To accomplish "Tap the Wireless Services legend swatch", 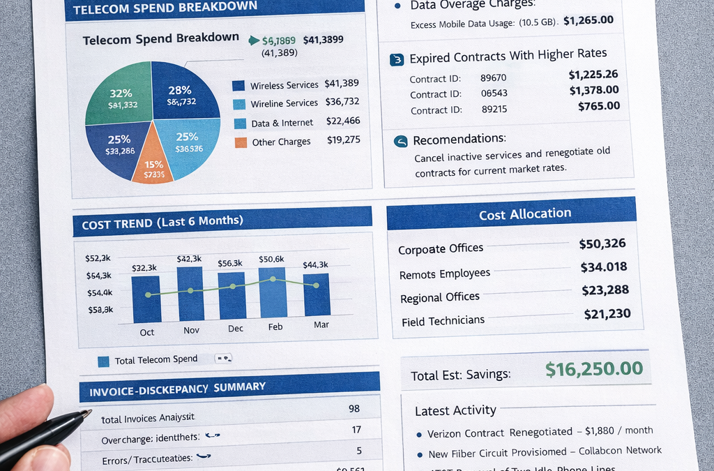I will [238, 86].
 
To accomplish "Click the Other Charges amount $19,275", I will [343, 140].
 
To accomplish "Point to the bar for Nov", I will [190, 294].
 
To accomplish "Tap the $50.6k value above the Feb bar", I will [271, 259].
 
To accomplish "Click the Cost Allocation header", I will [524, 214].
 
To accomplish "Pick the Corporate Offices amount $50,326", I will [602, 244].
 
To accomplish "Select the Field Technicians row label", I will [443, 321].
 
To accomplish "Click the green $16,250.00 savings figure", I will [593, 369].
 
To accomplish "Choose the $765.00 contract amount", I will [598, 106].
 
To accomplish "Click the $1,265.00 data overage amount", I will [588, 20].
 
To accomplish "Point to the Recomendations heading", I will [459, 140].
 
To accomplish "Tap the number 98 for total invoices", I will [354, 408].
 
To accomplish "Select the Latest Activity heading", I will [455, 410].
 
